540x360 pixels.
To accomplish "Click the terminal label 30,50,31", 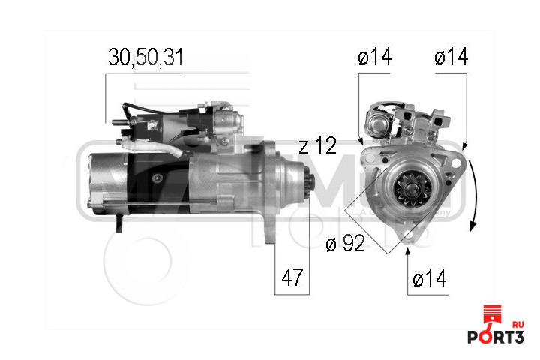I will coord(145,58).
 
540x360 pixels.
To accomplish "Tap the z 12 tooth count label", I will coord(317,145).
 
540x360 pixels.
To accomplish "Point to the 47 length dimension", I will coord(293,277).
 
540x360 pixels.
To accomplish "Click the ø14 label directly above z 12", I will coord(375,58).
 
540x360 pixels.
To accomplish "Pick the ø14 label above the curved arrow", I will coord(451,58).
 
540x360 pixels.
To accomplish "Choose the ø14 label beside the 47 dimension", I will coord(429,279).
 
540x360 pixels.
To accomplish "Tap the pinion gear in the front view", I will coord(408,193).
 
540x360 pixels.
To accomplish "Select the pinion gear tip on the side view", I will coord(309,194).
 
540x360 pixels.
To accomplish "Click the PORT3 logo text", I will coord(495,336).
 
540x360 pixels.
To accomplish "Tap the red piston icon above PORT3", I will coord(491,314).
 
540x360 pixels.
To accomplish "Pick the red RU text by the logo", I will coord(517,323).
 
